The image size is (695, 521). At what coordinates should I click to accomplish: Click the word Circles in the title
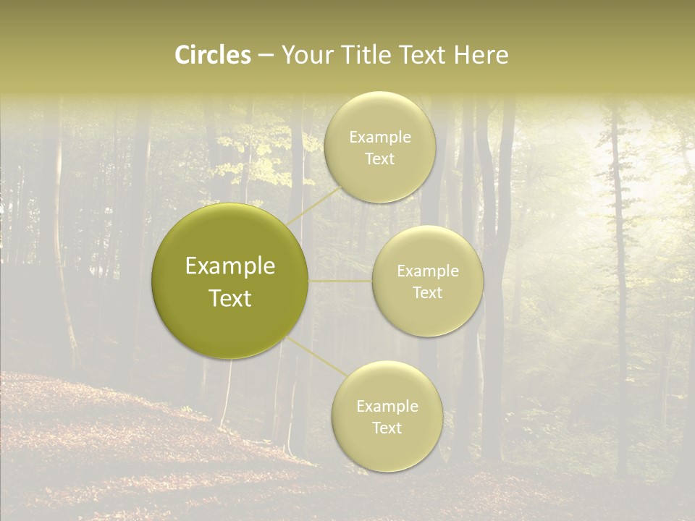(212, 55)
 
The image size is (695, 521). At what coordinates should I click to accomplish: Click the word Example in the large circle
(230, 266)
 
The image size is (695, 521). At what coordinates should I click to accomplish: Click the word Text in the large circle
(230, 298)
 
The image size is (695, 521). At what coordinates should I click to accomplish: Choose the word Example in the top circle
(380, 137)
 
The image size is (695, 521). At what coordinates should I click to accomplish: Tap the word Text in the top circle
(380, 159)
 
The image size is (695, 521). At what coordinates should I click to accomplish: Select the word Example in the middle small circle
(428, 271)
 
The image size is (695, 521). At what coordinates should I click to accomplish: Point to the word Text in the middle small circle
(428, 292)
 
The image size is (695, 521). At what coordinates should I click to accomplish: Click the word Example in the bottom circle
(387, 406)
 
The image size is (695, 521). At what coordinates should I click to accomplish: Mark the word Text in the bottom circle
(387, 428)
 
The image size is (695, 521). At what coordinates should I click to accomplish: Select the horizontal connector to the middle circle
(340, 280)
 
